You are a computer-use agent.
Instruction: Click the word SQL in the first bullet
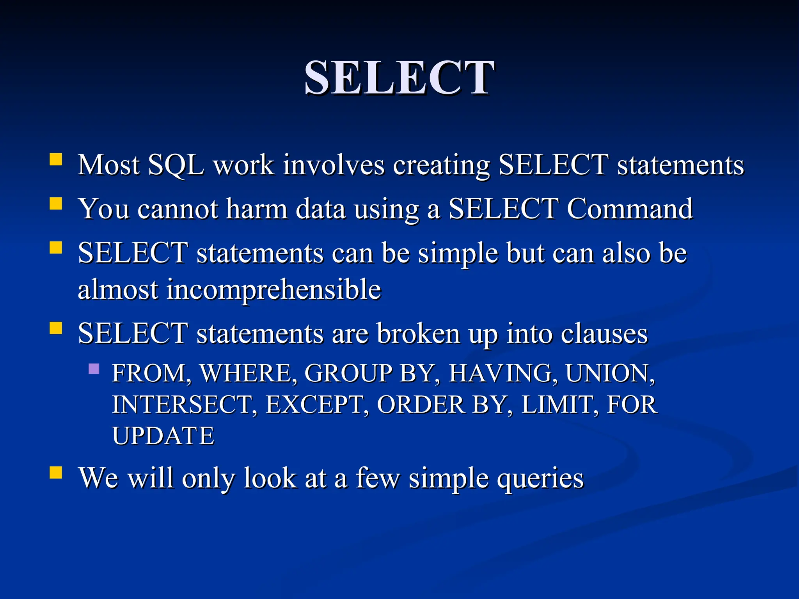click(176, 165)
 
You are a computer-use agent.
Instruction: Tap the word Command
click(629, 209)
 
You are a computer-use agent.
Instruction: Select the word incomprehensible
click(274, 290)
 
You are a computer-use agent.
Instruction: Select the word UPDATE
click(163, 436)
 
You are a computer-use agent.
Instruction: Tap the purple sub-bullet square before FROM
click(94, 369)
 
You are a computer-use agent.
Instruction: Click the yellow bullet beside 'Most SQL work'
click(56, 160)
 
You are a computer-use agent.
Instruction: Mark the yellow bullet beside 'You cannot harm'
click(56, 204)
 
